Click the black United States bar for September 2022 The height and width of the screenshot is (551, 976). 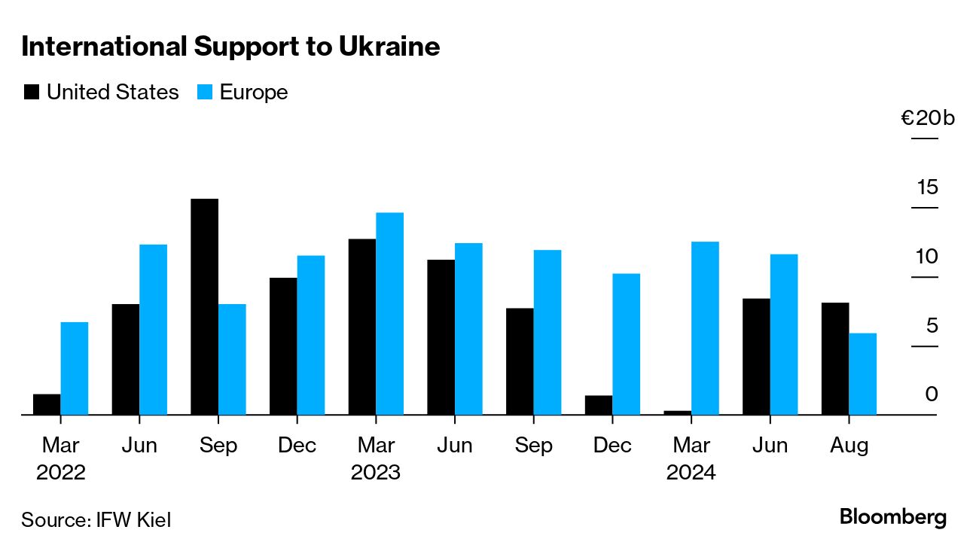coord(204,306)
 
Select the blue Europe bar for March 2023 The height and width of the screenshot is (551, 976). coord(389,313)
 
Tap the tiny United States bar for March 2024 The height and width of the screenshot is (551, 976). coord(677,412)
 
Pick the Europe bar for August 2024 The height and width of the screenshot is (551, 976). coord(862,373)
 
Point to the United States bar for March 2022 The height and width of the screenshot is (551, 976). coord(47,404)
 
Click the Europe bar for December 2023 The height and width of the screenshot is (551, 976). coord(626,344)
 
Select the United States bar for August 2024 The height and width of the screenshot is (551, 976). coord(835,358)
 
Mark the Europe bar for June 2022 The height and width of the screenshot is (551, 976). coord(153,329)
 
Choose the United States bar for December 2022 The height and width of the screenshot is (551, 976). coord(283,346)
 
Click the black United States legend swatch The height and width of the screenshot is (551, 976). coord(32,93)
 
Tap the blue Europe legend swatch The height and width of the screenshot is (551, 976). coord(205,93)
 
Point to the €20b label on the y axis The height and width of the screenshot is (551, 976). coord(927,118)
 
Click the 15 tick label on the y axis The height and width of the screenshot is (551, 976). coord(927,187)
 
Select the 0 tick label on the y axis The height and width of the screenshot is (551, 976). coord(932,394)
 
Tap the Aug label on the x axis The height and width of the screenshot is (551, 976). coord(849,446)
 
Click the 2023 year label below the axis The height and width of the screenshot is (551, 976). coord(375,473)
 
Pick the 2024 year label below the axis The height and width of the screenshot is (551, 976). coord(691,473)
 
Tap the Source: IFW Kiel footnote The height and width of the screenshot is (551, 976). coord(96,519)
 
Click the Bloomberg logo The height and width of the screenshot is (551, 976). coord(892,518)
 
